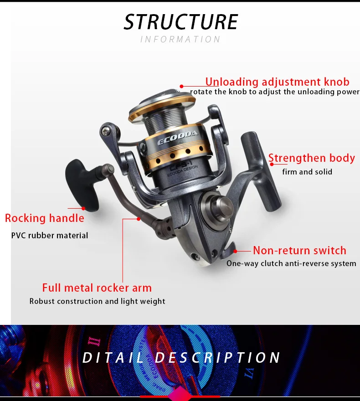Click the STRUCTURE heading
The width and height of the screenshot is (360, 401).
(180, 22)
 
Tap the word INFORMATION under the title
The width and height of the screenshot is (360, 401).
(180, 40)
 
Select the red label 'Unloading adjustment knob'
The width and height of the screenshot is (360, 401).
(277, 82)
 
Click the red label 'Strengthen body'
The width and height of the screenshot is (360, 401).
(311, 158)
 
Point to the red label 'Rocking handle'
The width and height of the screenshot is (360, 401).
(45, 218)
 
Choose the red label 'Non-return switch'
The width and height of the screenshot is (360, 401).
(299, 250)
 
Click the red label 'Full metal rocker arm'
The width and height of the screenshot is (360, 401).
(97, 288)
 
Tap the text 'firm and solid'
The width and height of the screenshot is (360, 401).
(307, 172)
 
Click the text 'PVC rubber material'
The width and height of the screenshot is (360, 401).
(50, 236)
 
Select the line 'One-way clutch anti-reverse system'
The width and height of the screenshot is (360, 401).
(291, 263)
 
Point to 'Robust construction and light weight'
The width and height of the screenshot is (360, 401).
(98, 301)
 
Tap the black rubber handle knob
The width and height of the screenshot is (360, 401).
(86, 185)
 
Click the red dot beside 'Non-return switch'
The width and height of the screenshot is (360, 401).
(235, 250)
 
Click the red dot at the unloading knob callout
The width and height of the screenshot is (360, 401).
(181, 86)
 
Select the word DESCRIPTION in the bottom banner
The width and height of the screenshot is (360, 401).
(218, 358)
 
